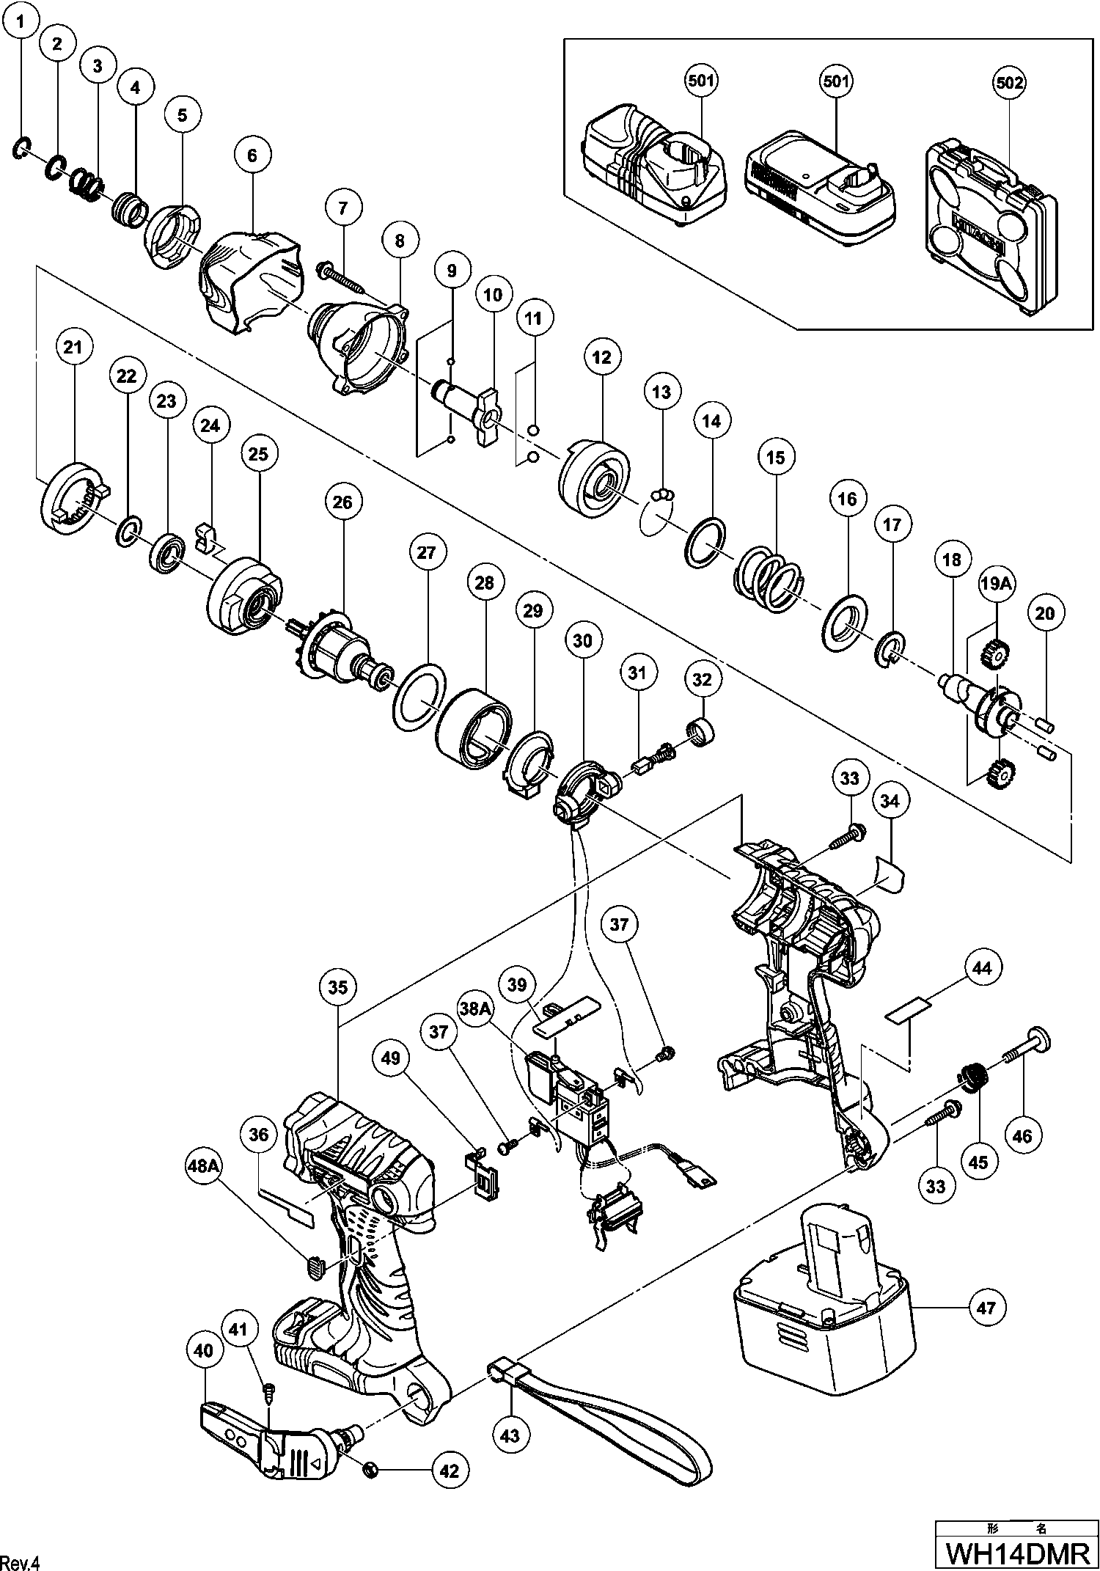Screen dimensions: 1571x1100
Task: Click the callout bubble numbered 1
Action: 21,23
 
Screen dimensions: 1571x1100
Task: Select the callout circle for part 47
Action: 987,1307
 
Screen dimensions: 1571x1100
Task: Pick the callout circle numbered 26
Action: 342,502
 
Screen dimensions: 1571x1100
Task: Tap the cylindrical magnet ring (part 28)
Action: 472,724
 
